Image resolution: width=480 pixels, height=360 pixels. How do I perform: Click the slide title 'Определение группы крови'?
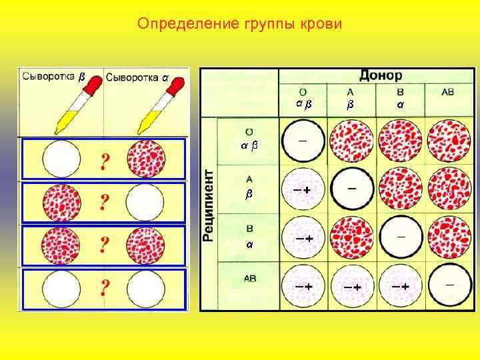[239, 25]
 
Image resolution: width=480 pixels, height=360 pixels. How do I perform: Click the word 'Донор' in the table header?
[382, 75]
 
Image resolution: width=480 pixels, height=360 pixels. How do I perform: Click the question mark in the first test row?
[104, 161]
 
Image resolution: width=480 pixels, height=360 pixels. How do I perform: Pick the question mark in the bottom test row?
[104, 288]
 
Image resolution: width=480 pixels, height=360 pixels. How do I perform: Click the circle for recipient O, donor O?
[303, 141]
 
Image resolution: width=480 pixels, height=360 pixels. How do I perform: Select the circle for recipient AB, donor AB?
[448, 285]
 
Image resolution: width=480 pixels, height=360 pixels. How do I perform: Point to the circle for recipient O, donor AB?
[448, 141]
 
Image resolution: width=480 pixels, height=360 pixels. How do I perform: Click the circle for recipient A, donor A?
[351, 189]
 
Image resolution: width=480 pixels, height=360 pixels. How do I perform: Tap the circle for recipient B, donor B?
[400, 237]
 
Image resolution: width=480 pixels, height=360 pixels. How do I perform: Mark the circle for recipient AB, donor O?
[303, 285]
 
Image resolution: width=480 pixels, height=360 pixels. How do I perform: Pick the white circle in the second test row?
[145, 201]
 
